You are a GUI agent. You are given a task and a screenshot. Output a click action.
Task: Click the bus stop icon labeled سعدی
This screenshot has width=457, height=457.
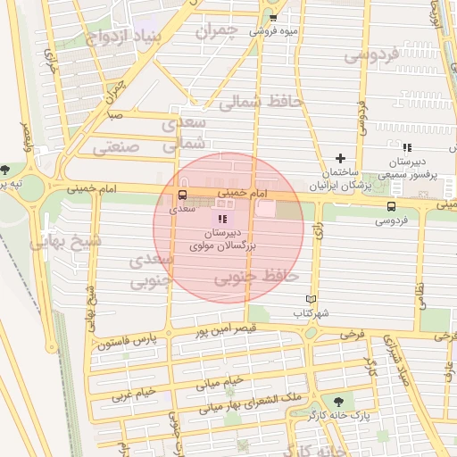pyautogui.click(x=182, y=195)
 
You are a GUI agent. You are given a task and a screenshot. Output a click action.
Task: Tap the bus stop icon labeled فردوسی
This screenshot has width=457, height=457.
pyautogui.click(x=391, y=206)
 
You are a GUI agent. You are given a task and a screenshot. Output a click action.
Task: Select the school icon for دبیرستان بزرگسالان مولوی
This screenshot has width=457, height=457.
pyautogui.click(x=222, y=219)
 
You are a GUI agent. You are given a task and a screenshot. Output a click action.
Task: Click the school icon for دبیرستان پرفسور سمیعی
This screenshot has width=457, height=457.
pyautogui.click(x=407, y=147)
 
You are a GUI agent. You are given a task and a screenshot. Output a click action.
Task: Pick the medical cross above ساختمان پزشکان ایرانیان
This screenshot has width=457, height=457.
pyautogui.click(x=339, y=158)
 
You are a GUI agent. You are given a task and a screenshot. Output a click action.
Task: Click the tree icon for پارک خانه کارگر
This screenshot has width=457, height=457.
pyautogui.click(x=337, y=402)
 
